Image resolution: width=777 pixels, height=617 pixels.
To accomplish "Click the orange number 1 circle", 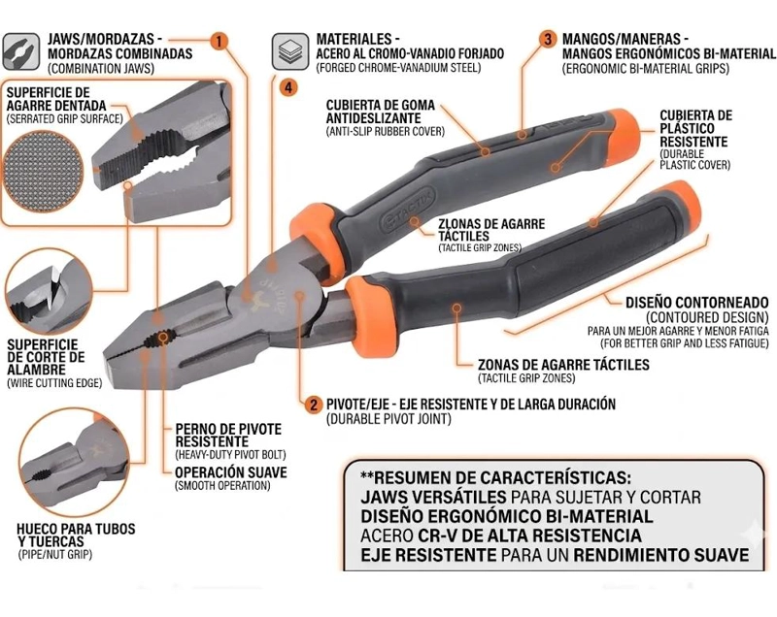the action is tap(220, 41).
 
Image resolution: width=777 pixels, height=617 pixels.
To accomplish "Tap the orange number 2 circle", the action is tap(313, 405).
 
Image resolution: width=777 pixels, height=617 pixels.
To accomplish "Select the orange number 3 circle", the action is tap(548, 39).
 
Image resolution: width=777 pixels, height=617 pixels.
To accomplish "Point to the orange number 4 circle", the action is tap(288, 88).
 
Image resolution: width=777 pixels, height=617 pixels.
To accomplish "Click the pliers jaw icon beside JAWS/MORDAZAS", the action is tap(20, 52).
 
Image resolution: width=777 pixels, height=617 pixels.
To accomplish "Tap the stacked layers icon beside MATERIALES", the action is tap(290, 51).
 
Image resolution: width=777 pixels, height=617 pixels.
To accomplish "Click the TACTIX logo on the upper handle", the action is tap(407, 210).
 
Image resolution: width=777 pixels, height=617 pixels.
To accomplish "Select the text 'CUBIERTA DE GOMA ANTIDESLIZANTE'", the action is tap(380, 112).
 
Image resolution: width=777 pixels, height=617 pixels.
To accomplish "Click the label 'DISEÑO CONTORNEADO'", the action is tap(697, 302).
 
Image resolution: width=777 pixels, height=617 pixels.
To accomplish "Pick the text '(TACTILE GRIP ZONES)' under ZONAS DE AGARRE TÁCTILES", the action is tap(526, 378).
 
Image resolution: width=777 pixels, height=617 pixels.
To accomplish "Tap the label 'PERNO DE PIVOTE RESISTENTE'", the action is tap(228, 436).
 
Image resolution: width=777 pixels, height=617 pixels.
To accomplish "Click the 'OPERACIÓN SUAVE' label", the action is tap(231, 472).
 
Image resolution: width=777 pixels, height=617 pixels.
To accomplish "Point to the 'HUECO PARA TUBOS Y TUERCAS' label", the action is tap(76, 535).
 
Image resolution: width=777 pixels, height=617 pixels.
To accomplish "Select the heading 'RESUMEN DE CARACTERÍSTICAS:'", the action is tap(496, 478).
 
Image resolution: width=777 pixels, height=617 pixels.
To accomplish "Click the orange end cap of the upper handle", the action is tap(625, 133).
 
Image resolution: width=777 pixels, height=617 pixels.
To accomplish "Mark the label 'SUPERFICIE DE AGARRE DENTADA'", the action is tap(56, 99).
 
